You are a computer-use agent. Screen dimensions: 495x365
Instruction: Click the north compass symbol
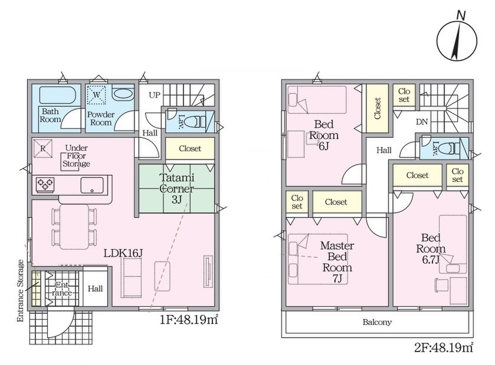(457, 40)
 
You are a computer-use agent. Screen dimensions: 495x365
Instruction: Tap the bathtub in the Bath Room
(58, 95)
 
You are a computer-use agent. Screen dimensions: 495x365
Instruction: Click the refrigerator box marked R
(43, 148)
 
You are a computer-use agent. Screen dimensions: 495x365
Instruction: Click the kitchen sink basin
(92, 185)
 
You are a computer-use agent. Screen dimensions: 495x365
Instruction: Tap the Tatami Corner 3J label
(177, 188)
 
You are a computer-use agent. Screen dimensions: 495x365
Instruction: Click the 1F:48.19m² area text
(189, 320)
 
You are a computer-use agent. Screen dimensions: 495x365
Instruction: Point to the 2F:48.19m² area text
(444, 348)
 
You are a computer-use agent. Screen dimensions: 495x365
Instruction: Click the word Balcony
(377, 322)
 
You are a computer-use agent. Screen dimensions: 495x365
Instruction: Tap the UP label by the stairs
(154, 94)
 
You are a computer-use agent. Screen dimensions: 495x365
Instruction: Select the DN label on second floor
(422, 122)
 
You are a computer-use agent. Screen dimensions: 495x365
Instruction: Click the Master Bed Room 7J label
(337, 262)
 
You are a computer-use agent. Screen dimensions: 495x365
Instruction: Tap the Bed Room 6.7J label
(431, 248)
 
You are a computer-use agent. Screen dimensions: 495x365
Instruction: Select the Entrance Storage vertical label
(21, 291)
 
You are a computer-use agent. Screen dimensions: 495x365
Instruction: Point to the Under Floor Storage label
(76, 156)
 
